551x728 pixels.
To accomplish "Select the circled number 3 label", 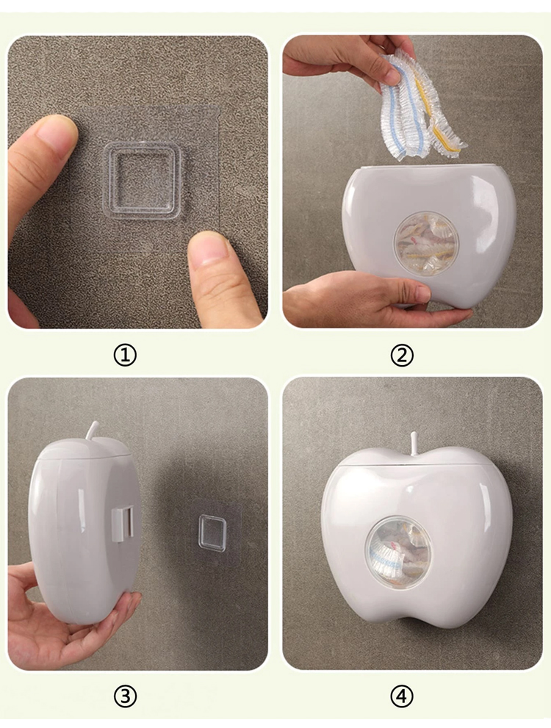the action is coord(125,696).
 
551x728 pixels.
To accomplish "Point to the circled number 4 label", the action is coord(402,696).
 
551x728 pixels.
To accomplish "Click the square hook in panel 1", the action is coord(142,181).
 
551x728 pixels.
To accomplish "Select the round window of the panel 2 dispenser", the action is coord(425,244).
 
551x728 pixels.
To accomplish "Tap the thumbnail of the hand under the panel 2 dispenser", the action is coord(421,293).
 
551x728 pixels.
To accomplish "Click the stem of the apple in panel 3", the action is coord(90,430).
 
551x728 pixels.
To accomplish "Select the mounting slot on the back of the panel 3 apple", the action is coord(122,524).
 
